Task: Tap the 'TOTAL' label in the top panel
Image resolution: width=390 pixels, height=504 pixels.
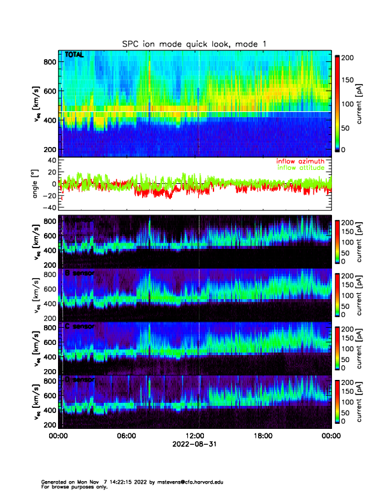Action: tap(75, 55)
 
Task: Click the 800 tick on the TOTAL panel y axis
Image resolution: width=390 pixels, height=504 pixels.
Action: tap(48, 61)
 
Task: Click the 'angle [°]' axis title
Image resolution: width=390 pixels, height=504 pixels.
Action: tap(37, 184)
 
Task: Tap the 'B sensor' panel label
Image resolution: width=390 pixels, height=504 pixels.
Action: tap(79, 274)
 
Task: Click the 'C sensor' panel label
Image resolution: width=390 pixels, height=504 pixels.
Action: tap(79, 326)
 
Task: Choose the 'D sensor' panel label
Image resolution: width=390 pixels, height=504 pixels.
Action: tap(79, 380)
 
